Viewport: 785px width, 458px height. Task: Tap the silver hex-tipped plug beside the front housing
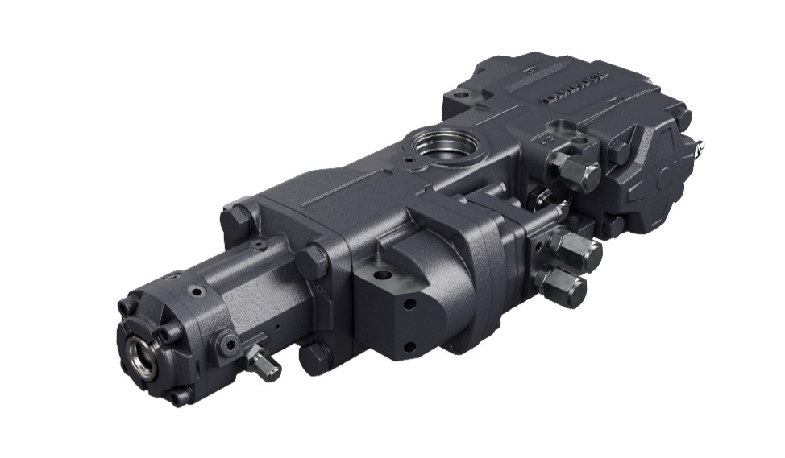tap(264, 364)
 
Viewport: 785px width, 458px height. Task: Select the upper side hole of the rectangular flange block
tap(410, 304)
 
